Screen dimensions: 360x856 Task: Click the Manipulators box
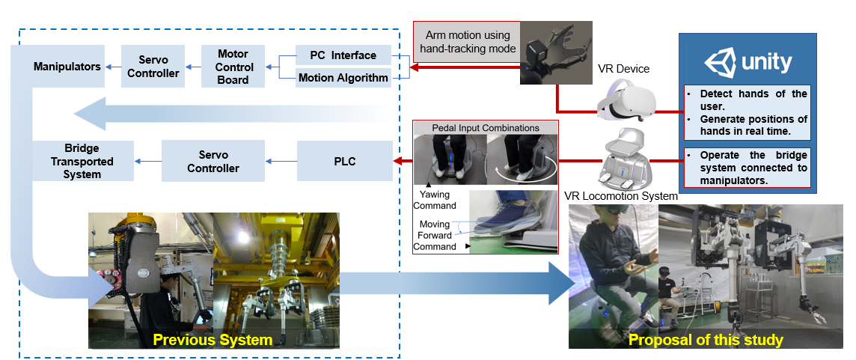pyautogui.click(x=67, y=67)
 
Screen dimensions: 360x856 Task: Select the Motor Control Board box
pyautogui.click(x=233, y=67)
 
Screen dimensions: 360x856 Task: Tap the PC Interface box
pyautogui.click(x=344, y=55)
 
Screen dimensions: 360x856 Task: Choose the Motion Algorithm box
pyautogui.click(x=344, y=78)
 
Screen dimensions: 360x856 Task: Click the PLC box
pyautogui.click(x=345, y=161)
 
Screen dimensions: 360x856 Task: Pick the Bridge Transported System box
pyautogui.click(x=82, y=161)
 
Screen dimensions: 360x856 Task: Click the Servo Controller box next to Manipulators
pyautogui.click(x=153, y=67)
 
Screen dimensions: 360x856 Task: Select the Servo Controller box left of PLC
pyautogui.click(x=213, y=161)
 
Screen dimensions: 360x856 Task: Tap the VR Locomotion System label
pyautogui.click(x=620, y=196)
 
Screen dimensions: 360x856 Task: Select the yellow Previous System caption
pyautogui.click(x=213, y=340)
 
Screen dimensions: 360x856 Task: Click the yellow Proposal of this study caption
pyautogui.click(x=706, y=340)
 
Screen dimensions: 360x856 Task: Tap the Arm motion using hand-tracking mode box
pyautogui.click(x=468, y=42)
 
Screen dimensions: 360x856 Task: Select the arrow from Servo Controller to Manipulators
pyautogui.click(x=113, y=67)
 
